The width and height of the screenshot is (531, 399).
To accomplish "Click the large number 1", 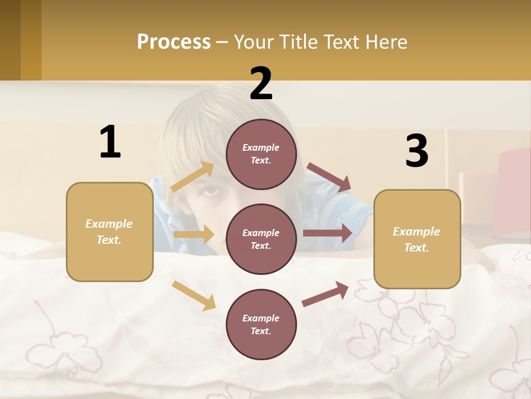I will [110, 142].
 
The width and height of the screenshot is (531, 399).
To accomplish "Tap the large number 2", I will [261, 84].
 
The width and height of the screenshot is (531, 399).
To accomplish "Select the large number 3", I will [417, 151].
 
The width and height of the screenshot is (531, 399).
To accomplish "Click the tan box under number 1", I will [110, 232].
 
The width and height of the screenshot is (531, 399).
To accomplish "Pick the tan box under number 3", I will [417, 239].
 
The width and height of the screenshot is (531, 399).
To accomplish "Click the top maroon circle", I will [261, 154].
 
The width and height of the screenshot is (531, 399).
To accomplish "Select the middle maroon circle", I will [261, 239].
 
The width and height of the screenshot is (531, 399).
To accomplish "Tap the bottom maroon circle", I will [261, 324].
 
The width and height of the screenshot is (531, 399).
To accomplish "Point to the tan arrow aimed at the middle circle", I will [194, 234].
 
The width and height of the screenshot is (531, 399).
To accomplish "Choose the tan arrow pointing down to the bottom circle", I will [194, 295].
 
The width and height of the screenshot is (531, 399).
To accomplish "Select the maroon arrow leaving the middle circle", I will [327, 233].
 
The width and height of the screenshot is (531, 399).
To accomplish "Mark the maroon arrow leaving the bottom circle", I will [325, 294].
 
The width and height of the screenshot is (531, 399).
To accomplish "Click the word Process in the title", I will [174, 42].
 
